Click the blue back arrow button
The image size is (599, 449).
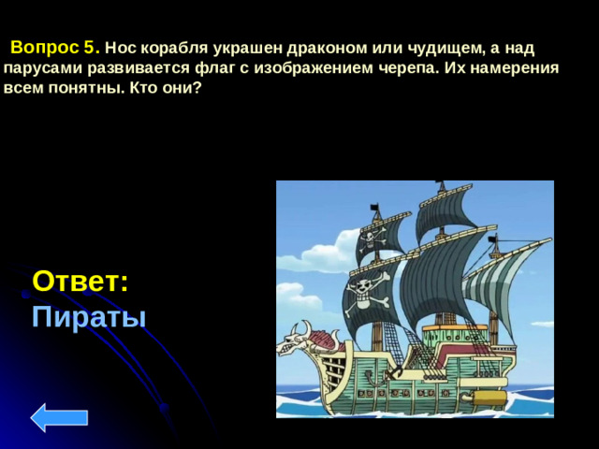[59, 416]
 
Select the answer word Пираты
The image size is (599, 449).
[89, 317]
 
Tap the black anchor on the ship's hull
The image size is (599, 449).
[395, 372]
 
